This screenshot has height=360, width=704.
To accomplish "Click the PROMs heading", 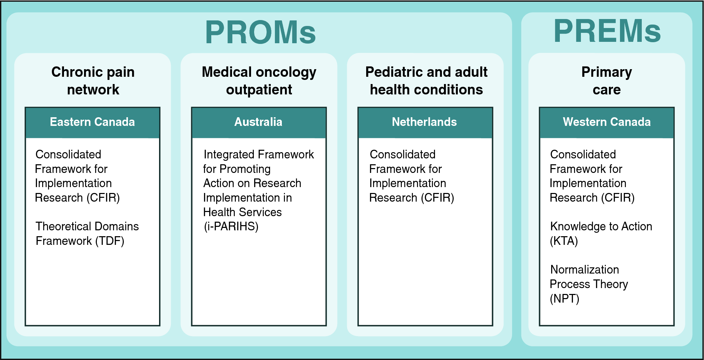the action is point(260,32).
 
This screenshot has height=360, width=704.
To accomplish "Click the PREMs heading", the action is point(607,31).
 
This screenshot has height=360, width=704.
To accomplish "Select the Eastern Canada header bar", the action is point(92,123).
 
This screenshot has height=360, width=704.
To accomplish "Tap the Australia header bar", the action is point(259,123).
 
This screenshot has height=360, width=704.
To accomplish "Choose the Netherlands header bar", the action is point(425,123).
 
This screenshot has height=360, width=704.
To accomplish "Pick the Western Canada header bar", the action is point(606,123).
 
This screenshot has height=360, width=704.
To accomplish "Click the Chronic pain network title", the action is point(93,81).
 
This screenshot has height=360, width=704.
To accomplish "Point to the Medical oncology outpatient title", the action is point(259,81).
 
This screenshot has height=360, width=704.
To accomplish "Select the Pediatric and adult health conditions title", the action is point(426,81).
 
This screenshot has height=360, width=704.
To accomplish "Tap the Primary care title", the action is point(606,81).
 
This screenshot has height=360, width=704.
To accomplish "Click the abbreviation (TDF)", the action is point(110,241).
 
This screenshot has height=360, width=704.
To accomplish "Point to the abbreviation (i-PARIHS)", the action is point(231,227).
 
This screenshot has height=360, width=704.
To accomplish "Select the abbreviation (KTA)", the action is point(564,241).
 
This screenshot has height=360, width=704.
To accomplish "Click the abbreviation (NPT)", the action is point(564,298).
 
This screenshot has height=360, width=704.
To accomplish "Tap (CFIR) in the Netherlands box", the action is point(437,198).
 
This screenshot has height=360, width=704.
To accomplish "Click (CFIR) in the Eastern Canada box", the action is point(103,198).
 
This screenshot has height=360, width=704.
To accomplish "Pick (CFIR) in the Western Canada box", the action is point(618,198).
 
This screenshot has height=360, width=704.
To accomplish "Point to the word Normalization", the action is point(585,270).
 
